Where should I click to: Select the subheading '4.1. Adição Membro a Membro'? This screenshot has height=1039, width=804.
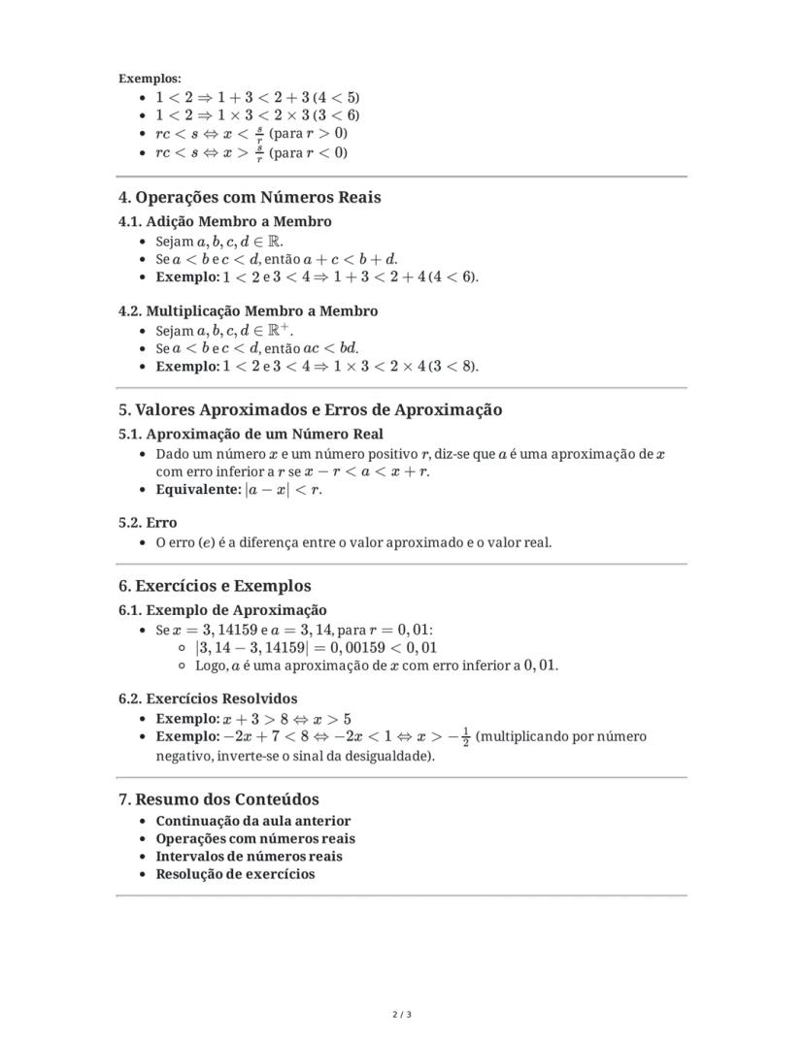point(225,221)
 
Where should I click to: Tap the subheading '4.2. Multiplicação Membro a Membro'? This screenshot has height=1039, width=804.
point(249,311)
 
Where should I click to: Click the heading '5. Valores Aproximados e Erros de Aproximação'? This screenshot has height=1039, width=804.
point(311,409)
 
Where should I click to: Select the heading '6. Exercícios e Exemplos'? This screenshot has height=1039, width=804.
point(215,586)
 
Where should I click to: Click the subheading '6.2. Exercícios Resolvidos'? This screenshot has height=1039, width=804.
point(208,698)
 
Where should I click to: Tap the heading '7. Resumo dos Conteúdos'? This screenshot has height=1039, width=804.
point(218,799)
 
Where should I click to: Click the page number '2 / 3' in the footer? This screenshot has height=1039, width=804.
point(402,1016)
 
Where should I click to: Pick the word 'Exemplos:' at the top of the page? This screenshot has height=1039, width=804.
point(151,79)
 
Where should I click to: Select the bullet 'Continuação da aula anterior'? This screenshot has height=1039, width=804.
point(253,821)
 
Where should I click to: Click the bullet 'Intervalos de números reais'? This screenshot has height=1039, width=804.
point(249,857)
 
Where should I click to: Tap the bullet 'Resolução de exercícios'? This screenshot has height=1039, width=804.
point(235,874)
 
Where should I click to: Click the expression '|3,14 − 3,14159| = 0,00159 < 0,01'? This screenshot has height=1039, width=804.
point(316,648)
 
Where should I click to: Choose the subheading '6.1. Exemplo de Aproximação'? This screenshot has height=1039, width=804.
point(222,610)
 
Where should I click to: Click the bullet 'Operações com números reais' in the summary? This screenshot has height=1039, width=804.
point(255,839)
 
